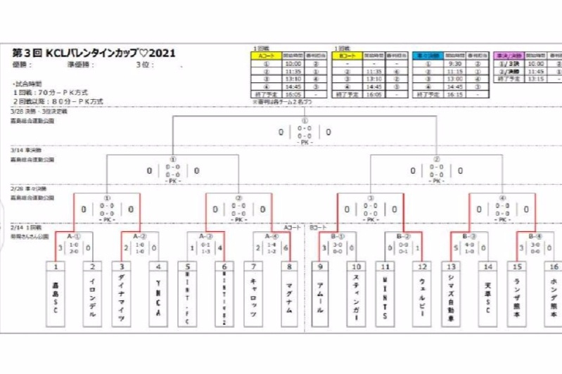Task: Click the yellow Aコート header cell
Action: tap(266, 54)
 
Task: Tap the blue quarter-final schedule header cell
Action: tap(428, 54)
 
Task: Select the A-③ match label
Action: tap(205, 236)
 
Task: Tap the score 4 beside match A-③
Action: tap(220, 247)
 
